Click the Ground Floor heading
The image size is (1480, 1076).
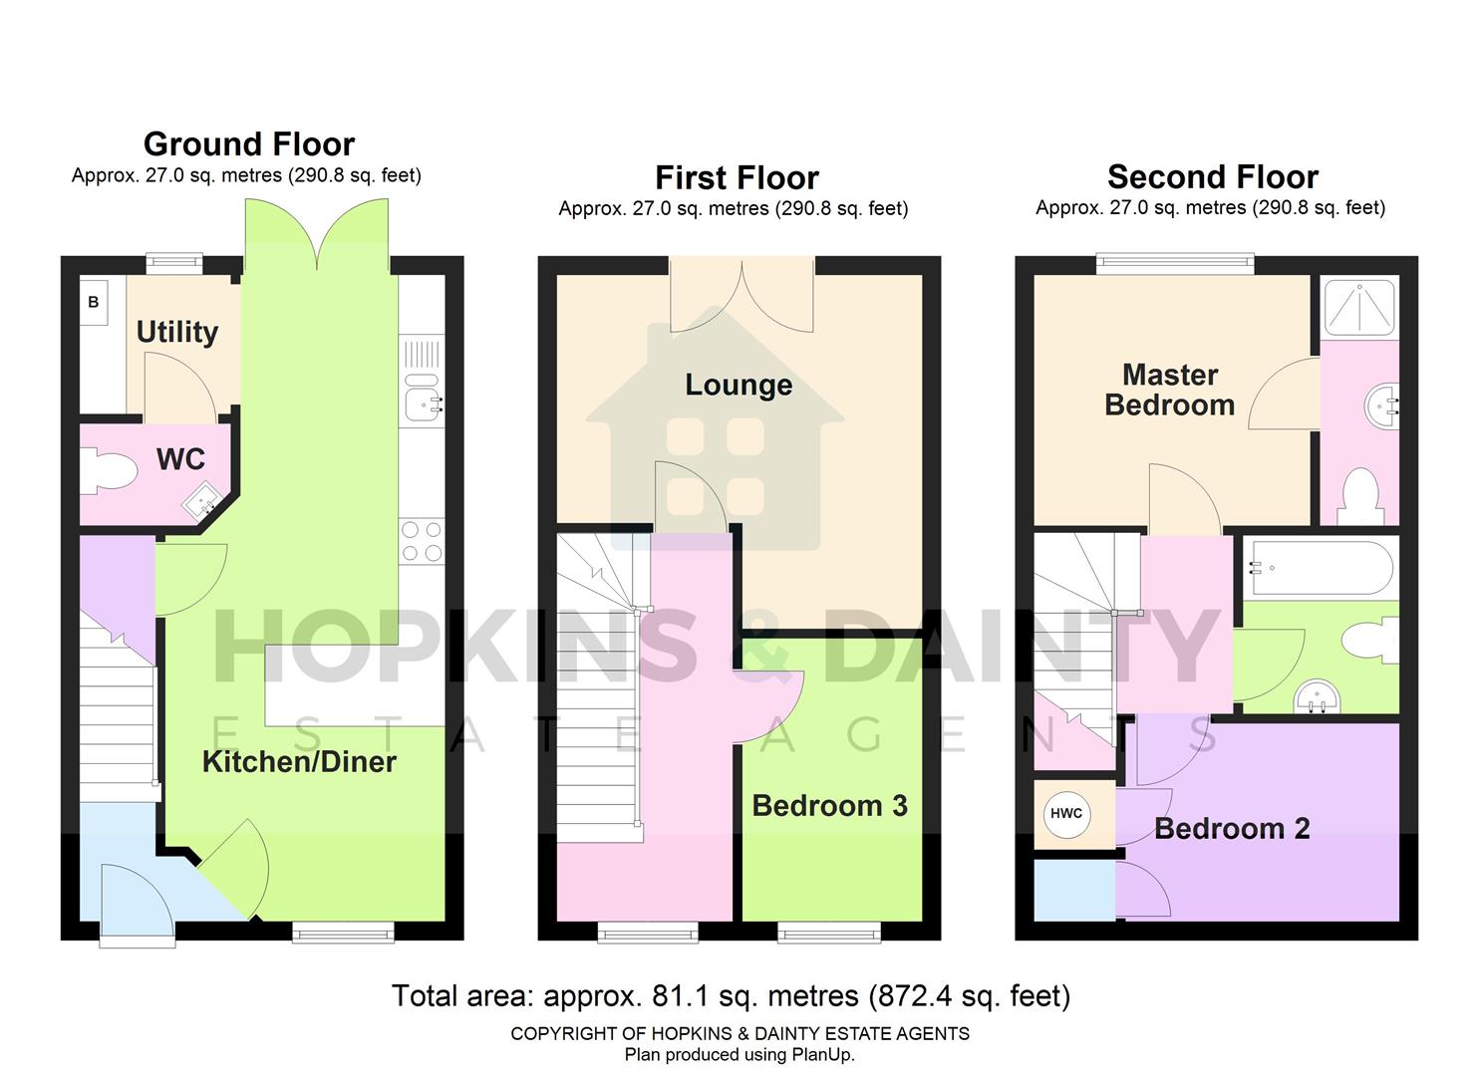point(249,144)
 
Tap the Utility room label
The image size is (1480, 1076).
point(177,332)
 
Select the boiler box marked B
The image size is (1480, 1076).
point(94,302)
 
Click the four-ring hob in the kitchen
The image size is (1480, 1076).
point(422,542)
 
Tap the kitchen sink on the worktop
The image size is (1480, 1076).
point(422,402)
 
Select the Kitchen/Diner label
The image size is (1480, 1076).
point(299,762)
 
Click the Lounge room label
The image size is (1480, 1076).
point(739,385)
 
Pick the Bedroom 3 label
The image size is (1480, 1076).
point(829,805)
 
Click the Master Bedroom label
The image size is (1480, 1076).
point(1170,390)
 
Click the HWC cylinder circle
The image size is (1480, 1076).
point(1066,813)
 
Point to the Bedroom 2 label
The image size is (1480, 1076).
point(1232,828)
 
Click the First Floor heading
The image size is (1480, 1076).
point(737,178)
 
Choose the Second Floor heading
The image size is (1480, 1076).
point(1212,177)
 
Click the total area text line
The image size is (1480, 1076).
point(731,995)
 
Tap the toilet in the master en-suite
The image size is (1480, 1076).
point(1360,496)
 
